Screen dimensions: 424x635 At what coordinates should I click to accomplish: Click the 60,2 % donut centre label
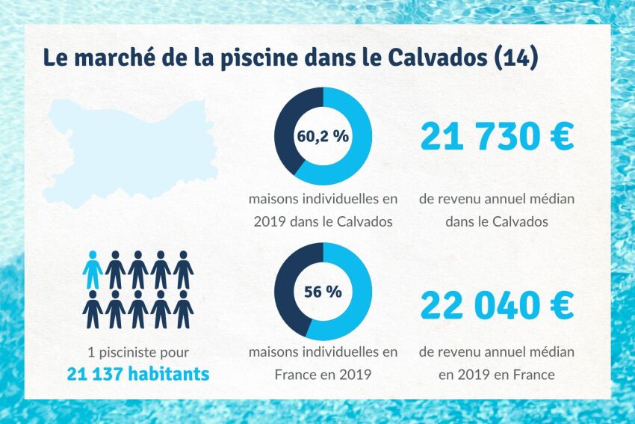coord(323,137)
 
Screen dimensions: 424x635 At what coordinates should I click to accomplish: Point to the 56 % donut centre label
coord(323,292)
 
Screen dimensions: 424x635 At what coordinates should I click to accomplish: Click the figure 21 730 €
coord(497,137)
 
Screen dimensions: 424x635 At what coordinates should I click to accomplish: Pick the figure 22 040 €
coord(497,305)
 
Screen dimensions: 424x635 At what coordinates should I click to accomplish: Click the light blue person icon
coord(93,271)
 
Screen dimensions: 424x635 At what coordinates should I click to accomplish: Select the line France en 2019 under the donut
coord(323,373)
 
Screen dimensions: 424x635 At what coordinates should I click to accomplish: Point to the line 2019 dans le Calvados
coord(323,221)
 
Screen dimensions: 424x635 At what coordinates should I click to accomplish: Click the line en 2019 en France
coord(497,374)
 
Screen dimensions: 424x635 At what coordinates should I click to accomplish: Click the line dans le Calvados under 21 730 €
coord(497,221)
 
